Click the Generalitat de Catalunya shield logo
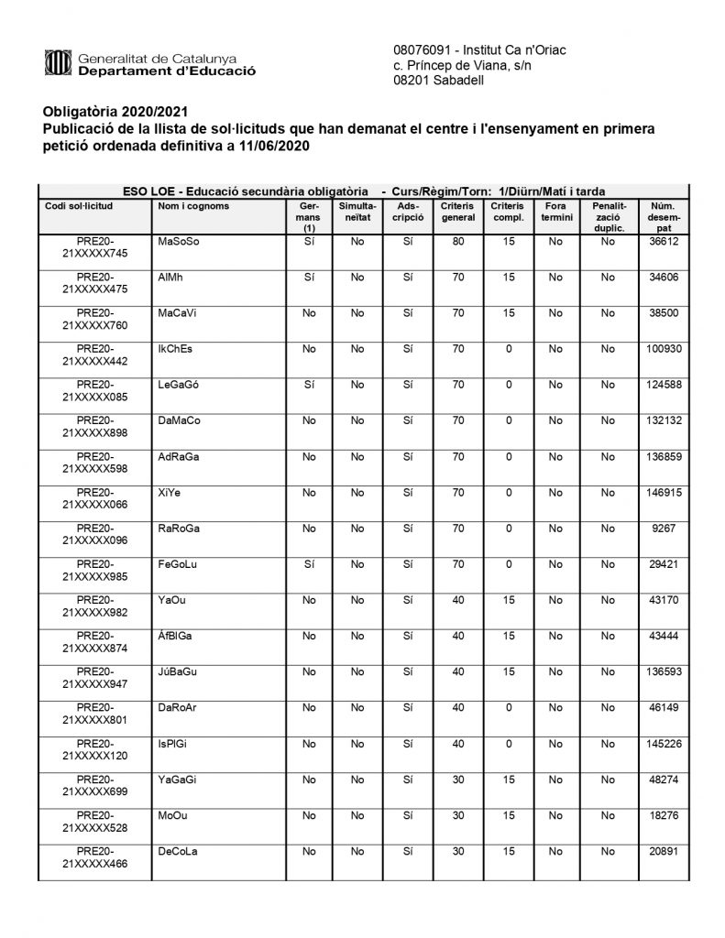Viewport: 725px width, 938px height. click(57, 62)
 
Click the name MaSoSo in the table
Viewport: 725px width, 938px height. click(179, 242)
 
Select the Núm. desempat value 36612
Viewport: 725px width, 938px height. click(662, 242)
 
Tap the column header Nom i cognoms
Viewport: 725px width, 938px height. click(193, 206)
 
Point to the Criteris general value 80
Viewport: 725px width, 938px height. click(458, 242)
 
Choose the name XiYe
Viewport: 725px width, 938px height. click(170, 493)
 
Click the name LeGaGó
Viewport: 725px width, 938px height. click(179, 386)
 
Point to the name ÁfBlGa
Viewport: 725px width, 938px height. click(175, 636)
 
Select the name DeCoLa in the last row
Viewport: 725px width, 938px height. click(179, 851)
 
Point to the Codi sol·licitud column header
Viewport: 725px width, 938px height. click(78, 206)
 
